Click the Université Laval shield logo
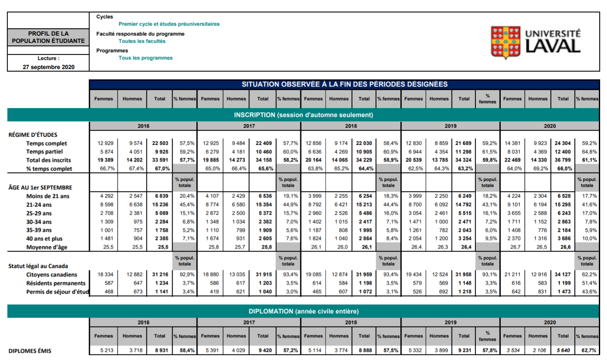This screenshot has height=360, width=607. point(505,42)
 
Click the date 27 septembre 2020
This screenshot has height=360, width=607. point(49,66)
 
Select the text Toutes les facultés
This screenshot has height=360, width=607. point(142,41)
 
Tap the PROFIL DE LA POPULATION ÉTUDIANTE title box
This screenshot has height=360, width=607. point(48,37)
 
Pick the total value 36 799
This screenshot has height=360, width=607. point(563,160)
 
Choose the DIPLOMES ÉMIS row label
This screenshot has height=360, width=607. point(30,351)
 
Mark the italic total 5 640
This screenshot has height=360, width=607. point(563,351)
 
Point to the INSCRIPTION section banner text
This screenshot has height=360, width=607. point(303,115)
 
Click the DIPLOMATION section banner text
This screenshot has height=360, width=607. point(303,311)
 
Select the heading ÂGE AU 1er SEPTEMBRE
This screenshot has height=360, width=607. point(40,187)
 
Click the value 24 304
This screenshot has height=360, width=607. point(563,143)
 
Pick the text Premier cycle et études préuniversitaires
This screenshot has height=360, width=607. point(169,24)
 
